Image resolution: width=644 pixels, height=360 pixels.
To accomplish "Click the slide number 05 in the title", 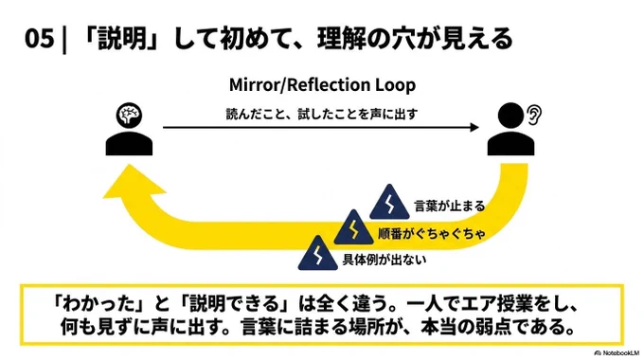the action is click(x=40, y=39).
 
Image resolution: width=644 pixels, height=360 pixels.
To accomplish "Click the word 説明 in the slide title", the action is click(x=122, y=39).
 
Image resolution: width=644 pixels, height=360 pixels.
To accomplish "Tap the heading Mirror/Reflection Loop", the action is click(x=322, y=85).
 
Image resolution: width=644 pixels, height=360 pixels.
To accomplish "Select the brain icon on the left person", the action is click(x=129, y=115).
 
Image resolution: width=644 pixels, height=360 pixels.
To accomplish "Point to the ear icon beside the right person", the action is click(x=534, y=115).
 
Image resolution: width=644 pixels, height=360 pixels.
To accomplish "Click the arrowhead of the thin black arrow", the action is click(x=474, y=127).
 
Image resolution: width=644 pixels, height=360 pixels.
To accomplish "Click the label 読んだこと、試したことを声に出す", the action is click(x=322, y=114).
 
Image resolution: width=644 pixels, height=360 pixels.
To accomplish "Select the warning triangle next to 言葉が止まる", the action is click(x=389, y=203).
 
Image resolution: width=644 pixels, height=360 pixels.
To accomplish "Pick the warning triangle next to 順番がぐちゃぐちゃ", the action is click(x=353, y=227).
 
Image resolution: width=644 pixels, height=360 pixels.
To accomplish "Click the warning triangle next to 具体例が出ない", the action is click(x=318, y=253).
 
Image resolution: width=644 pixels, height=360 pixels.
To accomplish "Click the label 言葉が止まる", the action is click(x=450, y=206).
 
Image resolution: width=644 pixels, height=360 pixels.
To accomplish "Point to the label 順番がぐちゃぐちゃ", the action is click(x=432, y=233).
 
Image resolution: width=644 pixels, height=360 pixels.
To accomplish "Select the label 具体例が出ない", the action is click(x=385, y=260).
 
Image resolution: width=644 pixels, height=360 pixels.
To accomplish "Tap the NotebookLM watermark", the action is click(x=617, y=353).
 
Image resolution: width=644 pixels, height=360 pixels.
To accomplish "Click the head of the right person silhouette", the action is click(x=510, y=115).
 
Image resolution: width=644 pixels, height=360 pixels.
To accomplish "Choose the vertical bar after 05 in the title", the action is click(x=63, y=39).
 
